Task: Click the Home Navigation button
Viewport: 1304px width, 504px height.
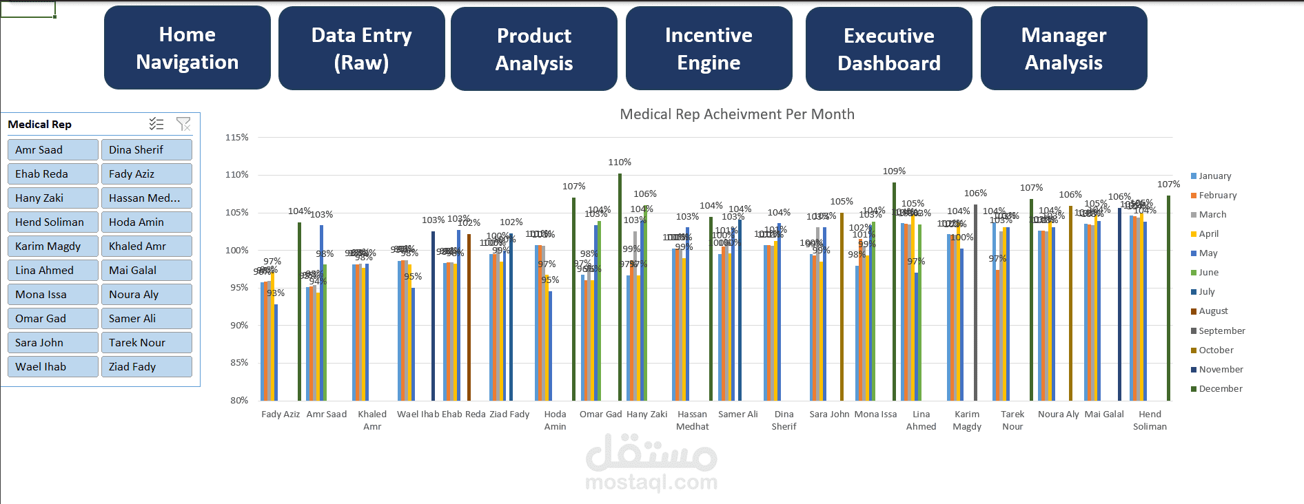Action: pyautogui.click(x=187, y=48)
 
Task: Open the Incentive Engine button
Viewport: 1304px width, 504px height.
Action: pyautogui.click(x=709, y=48)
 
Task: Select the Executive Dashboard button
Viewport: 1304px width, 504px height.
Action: pyautogui.click(x=888, y=49)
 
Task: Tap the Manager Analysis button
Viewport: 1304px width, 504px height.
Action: pyautogui.click(x=1063, y=48)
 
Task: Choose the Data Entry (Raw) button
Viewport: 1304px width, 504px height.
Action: pyautogui.click(x=361, y=48)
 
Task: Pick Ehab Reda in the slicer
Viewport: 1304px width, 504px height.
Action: pyautogui.click(x=53, y=174)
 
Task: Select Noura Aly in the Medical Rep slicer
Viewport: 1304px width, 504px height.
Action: pyautogui.click(x=146, y=295)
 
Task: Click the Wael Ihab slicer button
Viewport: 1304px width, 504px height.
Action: pyautogui.click(x=53, y=367)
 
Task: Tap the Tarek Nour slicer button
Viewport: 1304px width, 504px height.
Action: pyautogui.click(x=146, y=343)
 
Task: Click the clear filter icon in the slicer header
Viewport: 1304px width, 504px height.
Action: pyautogui.click(x=183, y=124)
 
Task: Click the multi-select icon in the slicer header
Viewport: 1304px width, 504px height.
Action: pyautogui.click(x=156, y=124)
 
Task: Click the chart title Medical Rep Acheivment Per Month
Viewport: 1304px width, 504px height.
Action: pyautogui.click(x=737, y=114)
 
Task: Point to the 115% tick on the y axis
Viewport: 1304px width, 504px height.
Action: pyautogui.click(x=237, y=138)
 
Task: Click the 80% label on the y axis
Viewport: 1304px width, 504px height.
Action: pyautogui.click(x=239, y=401)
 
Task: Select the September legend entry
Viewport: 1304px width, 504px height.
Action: pyautogui.click(x=1221, y=331)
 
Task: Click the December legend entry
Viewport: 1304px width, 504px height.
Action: pyautogui.click(x=1220, y=389)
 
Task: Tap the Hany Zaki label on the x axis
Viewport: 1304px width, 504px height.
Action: pyautogui.click(x=646, y=414)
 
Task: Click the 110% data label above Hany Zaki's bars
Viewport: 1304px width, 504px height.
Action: pyautogui.click(x=620, y=162)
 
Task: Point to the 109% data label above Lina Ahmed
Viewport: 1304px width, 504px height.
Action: pyautogui.click(x=894, y=171)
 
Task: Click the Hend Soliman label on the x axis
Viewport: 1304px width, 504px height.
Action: pyautogui.click(x=1150, y=420)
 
